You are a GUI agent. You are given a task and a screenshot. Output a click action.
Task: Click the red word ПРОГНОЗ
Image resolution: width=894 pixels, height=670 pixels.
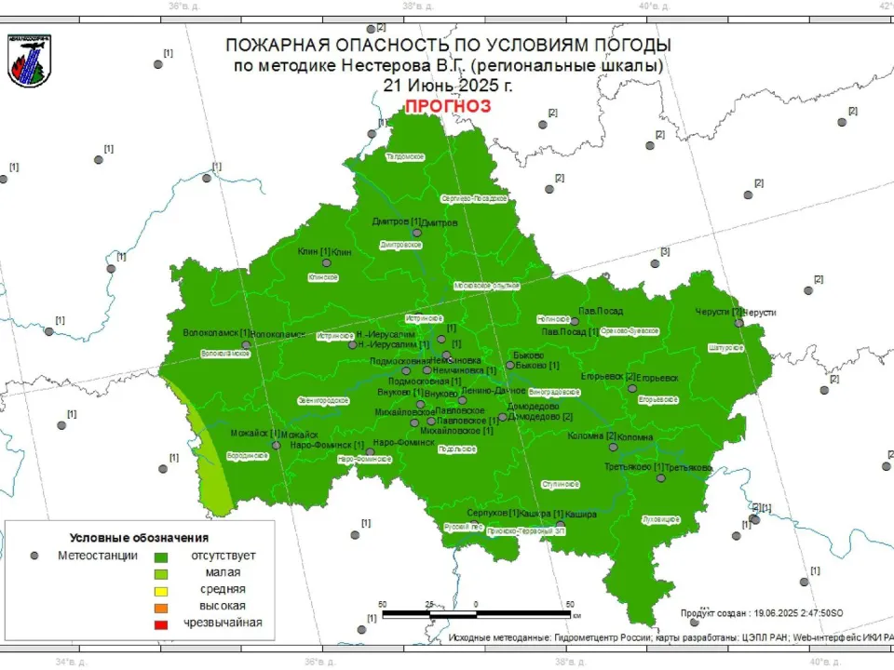click(447, 106)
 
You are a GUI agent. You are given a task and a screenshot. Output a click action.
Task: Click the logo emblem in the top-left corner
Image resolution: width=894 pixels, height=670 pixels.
click(29, 60)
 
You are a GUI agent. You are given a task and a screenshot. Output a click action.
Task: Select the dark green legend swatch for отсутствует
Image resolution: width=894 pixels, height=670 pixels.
click(161, 556)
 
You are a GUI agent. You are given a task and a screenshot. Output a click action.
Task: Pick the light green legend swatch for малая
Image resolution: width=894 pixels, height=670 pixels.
click(161, 572)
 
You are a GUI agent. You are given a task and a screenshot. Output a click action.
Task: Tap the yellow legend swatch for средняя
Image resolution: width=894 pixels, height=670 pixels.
click(161, 589)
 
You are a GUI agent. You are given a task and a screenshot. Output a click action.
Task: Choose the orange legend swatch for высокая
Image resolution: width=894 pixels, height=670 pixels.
click(161, 606)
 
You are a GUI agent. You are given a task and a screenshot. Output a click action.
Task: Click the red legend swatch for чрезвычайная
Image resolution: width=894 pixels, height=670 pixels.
click(161, 623)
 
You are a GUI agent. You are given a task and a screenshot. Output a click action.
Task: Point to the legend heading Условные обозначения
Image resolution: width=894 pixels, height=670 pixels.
click(139, 538)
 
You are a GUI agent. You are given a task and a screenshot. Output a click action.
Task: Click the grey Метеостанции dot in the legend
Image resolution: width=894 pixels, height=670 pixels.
click(34, 556)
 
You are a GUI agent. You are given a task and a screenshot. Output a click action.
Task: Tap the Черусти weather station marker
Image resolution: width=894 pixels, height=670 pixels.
click(738, 323)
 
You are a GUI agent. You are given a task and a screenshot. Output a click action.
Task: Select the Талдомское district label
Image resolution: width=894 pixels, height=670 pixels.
click(405, 157)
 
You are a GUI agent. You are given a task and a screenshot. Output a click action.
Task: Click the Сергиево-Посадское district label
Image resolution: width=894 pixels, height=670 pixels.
click(473, 198)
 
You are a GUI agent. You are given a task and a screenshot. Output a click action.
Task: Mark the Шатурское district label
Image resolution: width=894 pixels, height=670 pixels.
click(725, 347)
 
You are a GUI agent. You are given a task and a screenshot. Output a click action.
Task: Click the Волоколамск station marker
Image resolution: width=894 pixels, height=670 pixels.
click(246, 344)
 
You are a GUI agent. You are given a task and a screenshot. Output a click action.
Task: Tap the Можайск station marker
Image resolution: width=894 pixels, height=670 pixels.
click(276, 445)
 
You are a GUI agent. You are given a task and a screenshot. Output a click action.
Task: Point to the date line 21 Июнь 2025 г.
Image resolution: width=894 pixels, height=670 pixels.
click(447, 85)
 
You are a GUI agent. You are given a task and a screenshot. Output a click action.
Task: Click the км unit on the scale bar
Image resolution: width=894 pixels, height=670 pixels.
click(577, 615)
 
